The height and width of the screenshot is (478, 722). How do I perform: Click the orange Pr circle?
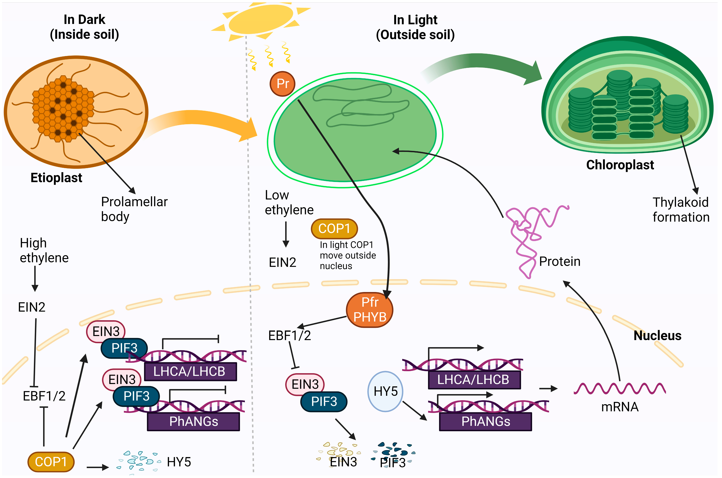point(282,84)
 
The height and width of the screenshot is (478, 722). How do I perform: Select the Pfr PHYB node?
point(370,310)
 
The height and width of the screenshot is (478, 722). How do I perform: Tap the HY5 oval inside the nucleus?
point(385,391)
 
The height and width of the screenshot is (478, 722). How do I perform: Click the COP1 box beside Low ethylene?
point(334,229)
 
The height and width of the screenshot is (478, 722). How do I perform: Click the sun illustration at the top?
point(261,19)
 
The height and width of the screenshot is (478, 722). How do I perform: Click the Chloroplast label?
point(620,165)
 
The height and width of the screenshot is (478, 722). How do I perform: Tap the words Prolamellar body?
point(134,209)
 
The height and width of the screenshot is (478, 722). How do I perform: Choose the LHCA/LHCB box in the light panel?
point(474,380)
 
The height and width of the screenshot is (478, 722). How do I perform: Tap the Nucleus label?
point(657,336)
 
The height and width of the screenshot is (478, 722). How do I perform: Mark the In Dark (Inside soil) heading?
point(85,27)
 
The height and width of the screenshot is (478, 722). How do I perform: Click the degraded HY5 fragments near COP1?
point(139,461)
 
